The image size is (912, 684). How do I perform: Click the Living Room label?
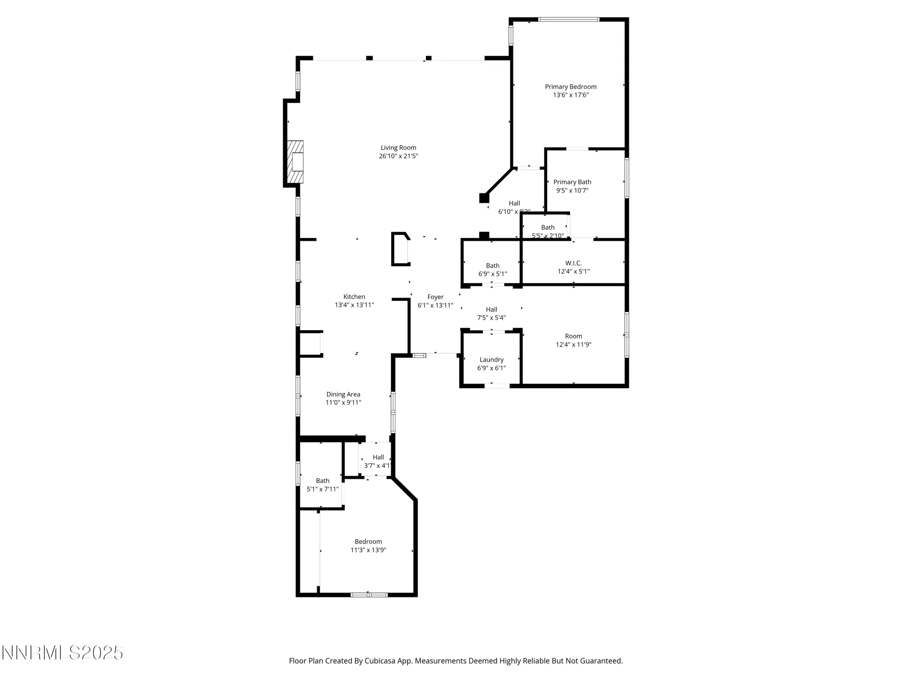(398, 148)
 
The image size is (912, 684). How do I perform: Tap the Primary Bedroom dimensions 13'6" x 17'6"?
(570, 95)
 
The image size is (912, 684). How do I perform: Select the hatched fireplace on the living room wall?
(295, 161)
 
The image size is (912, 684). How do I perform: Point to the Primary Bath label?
(572, 182)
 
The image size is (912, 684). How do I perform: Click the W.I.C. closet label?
(573, 263)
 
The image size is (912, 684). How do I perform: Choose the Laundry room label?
(491, 360)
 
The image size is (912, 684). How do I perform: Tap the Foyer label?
(435, 297)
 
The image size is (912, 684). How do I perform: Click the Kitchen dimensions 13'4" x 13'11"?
(354, 305)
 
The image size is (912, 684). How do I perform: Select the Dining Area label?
(343, 394)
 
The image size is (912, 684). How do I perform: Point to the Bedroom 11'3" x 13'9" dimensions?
(368, 550)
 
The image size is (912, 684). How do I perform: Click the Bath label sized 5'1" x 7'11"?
(322, 481)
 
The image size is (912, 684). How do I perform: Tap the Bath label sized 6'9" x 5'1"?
(492, 266)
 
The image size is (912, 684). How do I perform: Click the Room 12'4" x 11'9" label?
(573, 336)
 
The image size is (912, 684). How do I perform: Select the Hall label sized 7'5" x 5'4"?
(491, 310)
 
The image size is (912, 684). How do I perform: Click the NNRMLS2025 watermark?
(62, 653)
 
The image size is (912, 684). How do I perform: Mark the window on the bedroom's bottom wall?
(369, 595)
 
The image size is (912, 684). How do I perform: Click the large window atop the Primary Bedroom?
(568, 20)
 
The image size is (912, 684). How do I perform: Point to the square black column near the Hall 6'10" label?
(484, 198)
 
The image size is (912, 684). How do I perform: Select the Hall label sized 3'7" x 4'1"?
(378, 457)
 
